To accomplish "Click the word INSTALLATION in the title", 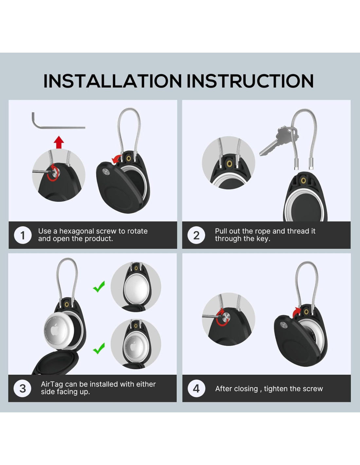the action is click(113, 81).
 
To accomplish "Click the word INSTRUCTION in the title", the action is click(250, 81).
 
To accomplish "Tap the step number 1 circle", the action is click(23, 235).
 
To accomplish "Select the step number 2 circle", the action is click(196, 235).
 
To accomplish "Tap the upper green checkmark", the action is click(99, 287).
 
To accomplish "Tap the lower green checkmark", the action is click(99, 349).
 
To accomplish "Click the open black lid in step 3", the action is click(56, 363).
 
